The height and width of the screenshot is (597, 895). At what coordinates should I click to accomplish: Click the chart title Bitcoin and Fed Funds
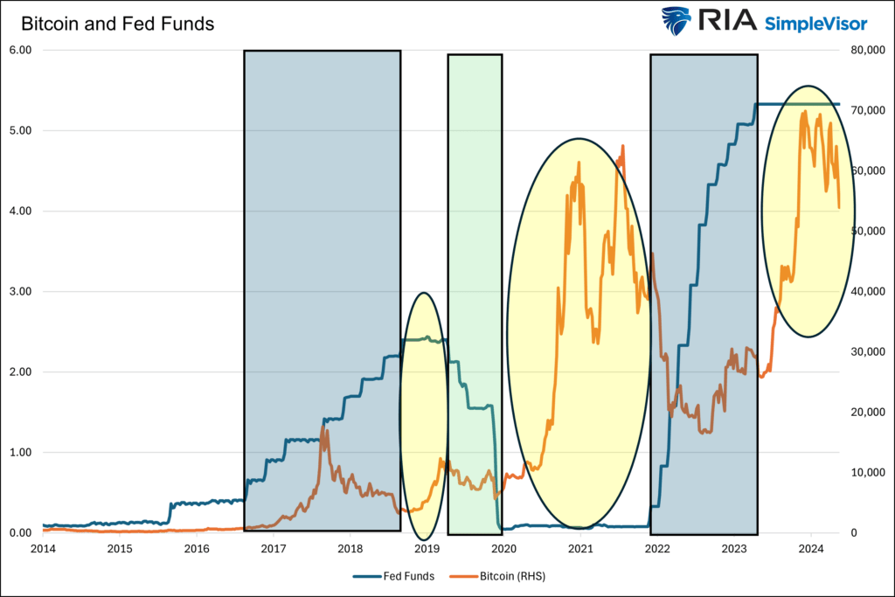click(117, 24)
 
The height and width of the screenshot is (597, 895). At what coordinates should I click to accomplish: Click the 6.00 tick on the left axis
click(19, 50)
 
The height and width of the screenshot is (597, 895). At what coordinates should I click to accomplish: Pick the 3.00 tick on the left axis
click(19, 291)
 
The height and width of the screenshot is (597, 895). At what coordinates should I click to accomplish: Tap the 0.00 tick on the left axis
click(19, 532)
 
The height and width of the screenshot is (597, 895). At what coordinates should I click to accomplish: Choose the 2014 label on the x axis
click(43, 549)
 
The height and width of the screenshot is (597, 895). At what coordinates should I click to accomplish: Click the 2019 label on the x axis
click(427, 549)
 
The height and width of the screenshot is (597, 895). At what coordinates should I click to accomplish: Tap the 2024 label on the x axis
click(811, 549)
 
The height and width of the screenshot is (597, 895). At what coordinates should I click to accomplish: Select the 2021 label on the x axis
click(580, 549)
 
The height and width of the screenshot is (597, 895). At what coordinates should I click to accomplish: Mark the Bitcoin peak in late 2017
click(323, 427)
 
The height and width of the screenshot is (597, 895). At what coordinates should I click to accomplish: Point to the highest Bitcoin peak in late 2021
click(623, 146)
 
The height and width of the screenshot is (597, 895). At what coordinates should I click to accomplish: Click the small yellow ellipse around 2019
click(424, 415)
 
